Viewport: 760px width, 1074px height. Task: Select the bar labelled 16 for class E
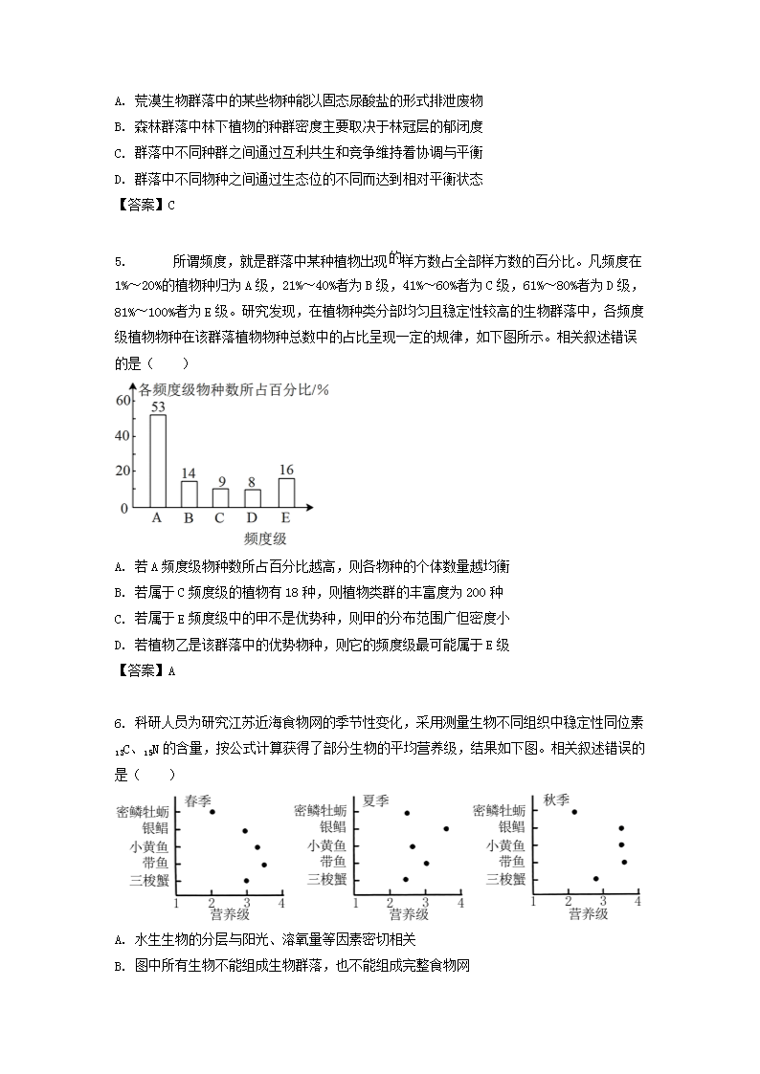tap(286, 492)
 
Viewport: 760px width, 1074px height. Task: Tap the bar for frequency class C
tap(221, 497)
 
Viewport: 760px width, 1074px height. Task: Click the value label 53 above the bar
tap(157, 406)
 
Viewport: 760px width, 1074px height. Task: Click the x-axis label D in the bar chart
tap(253, 518)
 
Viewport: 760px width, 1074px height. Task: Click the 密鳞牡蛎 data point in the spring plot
tap(212, 811)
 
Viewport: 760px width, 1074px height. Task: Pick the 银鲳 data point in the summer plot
tap(445, 828)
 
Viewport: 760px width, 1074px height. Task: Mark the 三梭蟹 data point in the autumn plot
tap(595, 879)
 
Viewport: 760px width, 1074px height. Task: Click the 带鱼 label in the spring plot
tap(154, 863)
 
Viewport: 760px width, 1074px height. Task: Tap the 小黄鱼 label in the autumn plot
tap(505, 845)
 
